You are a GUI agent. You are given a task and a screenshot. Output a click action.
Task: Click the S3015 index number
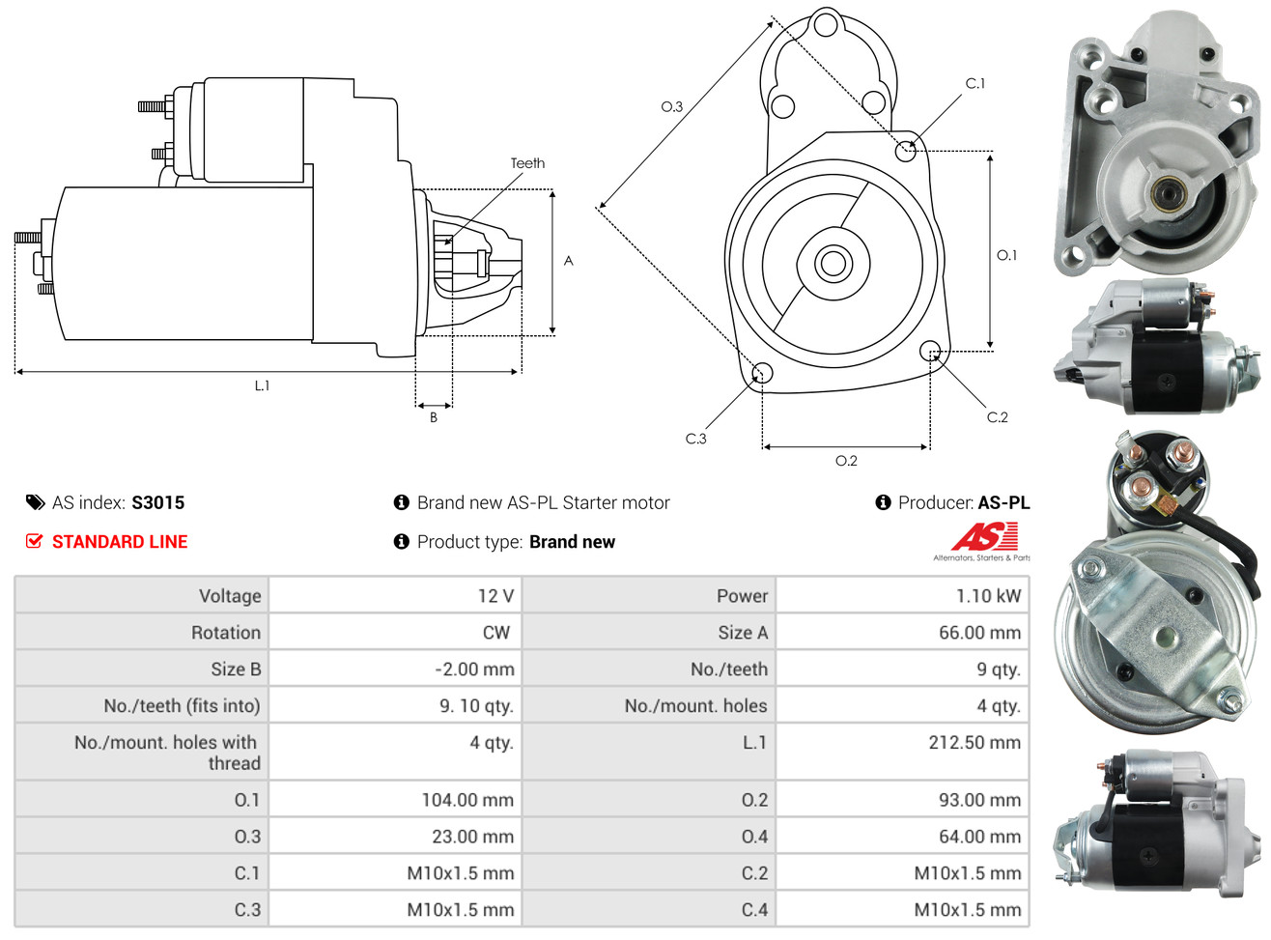pos(157,502)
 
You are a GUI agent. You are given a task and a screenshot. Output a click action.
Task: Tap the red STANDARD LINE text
pos(119,542)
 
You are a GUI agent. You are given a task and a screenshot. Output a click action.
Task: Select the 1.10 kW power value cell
pos(987,596)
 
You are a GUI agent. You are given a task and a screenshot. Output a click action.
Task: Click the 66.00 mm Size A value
pos(979,633)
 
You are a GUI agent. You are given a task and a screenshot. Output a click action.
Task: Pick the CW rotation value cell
pos(495,633)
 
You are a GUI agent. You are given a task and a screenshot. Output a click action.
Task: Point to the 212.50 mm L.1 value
pos(974,743)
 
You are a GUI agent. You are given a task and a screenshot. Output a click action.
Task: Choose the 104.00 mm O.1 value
pos(466,800)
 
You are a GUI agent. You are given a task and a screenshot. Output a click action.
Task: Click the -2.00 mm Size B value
pos(473,669)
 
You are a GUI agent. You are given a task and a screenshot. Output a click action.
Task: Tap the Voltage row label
pos(230,596)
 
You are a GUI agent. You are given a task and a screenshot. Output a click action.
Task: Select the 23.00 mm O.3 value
pos(472,837)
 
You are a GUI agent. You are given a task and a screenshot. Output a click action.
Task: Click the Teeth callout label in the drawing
pos(527,163)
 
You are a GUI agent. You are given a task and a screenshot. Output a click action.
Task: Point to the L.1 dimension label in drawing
pos(262,385)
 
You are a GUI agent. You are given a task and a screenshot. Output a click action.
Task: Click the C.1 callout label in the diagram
pos(975,84)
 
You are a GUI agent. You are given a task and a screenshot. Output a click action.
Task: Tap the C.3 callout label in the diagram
pos(695,439)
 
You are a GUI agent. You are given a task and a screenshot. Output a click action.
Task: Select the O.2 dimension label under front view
pos(846,461)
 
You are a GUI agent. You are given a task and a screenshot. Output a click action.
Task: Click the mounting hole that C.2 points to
pos(930,350)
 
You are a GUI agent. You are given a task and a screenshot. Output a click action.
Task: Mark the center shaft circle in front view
pos(832,262)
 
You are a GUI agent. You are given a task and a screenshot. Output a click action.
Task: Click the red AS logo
pos(984,536)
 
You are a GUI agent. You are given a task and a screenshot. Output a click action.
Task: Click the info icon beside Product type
pos(402,542)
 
